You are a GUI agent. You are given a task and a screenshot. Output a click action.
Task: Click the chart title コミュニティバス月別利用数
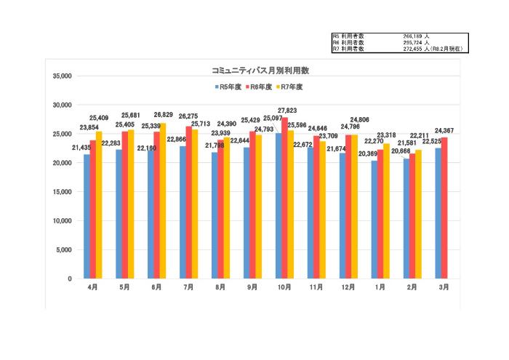click(x=260, y=71)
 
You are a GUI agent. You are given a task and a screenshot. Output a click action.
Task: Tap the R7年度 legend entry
click(x=289, y=87)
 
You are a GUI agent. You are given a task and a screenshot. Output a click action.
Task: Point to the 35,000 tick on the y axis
click(x=62, y=76)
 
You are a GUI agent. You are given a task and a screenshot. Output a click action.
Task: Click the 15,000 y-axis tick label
click(x=62, y=192)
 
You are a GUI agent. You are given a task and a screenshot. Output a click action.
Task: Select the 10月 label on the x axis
click(x=284, y=287)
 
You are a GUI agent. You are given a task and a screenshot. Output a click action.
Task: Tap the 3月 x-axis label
click(x=444, y=287)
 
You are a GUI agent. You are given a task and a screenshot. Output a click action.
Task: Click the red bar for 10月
click(x=284, y=198)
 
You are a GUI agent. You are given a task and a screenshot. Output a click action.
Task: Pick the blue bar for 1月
click(x=374, y=220)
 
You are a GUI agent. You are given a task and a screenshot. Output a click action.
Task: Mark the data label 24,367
click(x=445, y=130)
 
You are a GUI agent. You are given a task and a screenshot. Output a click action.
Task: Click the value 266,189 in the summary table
click(x=413, y=36)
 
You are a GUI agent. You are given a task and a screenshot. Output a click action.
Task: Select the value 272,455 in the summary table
click(x=413, y=49)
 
